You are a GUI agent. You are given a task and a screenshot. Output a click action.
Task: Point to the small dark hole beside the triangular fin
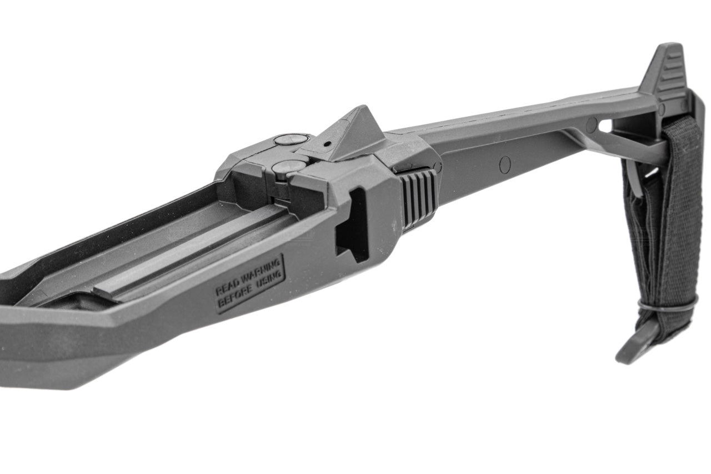pos(327,144)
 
